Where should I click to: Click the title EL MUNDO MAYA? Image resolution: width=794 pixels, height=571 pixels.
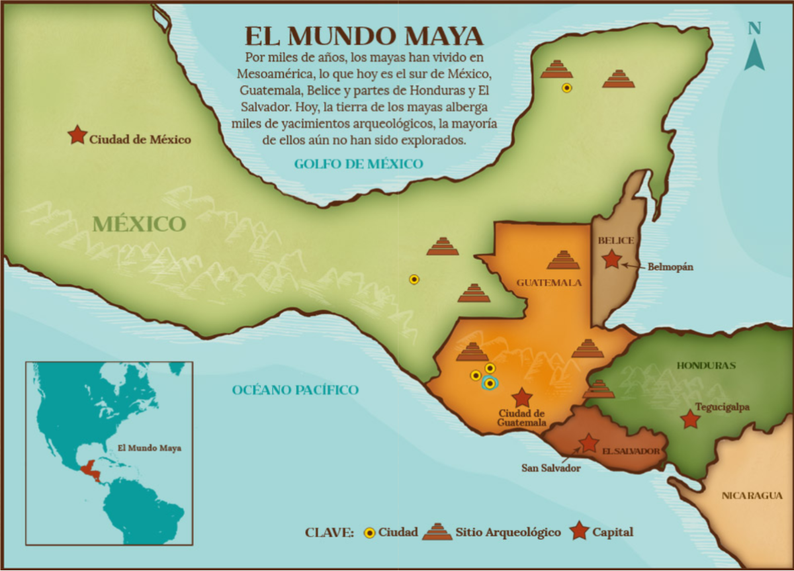[x=364, y=36]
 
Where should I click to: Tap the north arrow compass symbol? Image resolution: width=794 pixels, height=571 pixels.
[x=754, y=46]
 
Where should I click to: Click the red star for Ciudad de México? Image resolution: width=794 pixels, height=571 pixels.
[x=77, y=136]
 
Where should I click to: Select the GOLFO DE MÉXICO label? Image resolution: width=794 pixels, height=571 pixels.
[x=358, y=164]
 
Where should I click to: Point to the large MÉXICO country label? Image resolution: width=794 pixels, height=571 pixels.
[x=139, y=224]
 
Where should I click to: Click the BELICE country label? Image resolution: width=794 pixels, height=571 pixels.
[x=615, y=240]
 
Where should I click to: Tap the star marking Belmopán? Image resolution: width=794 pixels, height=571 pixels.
[x=613, y=259]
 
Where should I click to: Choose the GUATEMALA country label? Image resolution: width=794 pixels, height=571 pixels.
[x=549, y=283]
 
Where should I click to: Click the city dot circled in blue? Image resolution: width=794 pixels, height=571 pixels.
[x=490, y=383]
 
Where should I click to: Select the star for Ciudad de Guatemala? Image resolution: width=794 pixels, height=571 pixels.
[x=523, y=397]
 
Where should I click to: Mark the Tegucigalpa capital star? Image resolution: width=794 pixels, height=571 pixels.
[x=690, y=419]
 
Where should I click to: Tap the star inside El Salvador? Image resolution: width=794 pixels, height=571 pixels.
[x=588, y=443]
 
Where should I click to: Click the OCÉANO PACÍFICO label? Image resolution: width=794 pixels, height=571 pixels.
[x=295, y=390]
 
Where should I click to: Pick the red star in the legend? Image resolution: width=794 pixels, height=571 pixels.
[x=580, y=531]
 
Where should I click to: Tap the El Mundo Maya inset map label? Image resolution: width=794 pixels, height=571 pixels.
[x=150, y=448]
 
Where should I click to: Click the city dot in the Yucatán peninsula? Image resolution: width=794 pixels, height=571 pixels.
[x=566, y=87]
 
